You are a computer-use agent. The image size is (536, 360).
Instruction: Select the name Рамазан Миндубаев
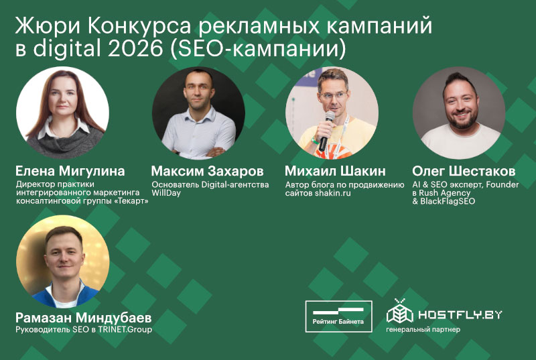(83, 316)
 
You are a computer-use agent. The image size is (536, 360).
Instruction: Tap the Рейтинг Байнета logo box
(339, 316)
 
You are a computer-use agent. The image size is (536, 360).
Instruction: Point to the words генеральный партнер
(423, 330)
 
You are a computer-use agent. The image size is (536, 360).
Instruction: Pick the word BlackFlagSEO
(444, 201)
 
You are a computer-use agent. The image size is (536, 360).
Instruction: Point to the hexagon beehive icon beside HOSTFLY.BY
(399, 312)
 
